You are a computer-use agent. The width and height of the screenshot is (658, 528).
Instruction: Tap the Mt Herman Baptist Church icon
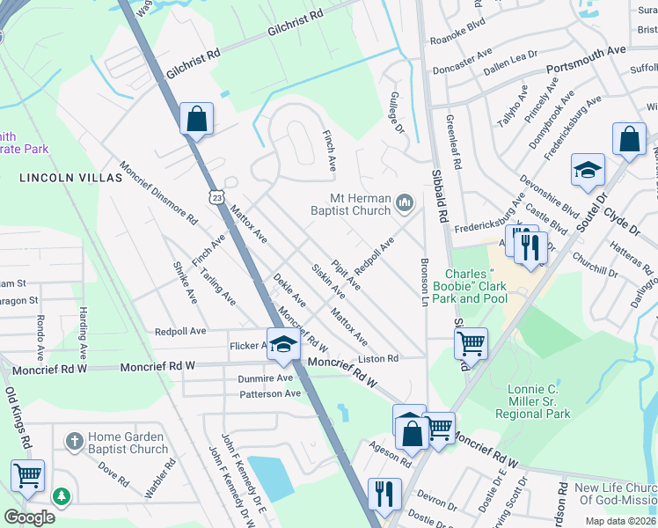tap(405, 203)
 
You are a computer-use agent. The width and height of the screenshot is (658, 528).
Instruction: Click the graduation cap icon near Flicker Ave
tap(284, 345)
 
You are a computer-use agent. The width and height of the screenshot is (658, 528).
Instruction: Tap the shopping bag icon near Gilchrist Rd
tap(196, 118)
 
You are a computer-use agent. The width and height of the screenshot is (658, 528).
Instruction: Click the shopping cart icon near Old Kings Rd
tap(27, 476)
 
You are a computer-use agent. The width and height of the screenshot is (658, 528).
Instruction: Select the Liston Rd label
tap(378, 358)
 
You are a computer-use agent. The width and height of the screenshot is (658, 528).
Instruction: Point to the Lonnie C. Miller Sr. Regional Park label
tap(533, 401)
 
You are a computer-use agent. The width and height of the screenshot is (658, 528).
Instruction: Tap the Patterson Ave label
tap(270, 393)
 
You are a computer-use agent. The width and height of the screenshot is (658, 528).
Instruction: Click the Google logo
tap(29, 517)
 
